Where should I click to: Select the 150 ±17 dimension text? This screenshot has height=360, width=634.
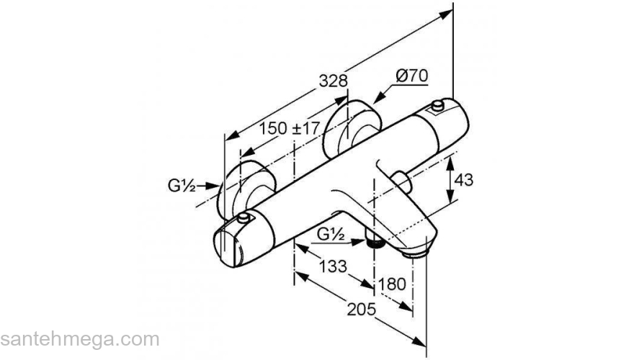(x=290, y=128)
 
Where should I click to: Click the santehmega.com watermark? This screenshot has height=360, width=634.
(x=79, y=338)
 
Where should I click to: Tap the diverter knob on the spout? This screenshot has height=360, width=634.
(x=402, y=179)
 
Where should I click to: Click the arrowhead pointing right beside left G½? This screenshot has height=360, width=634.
(x=214, y=186)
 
